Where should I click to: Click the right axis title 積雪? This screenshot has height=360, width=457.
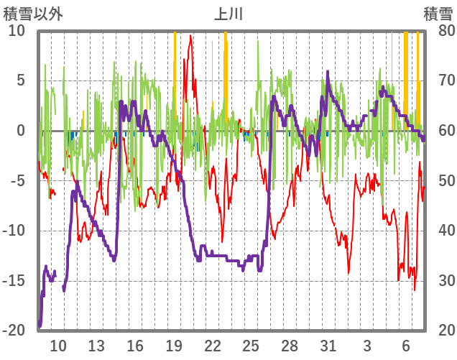point(438,14)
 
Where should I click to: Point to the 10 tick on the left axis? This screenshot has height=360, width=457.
point(16,31)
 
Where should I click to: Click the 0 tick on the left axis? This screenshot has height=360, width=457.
point(21,131)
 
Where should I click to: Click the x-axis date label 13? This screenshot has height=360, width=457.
point(96,346)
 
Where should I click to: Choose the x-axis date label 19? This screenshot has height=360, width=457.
point(174,346)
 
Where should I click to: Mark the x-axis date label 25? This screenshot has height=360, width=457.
point(251,346)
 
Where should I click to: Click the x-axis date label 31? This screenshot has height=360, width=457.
point(328,346)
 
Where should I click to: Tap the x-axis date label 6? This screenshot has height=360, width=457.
point(406,346)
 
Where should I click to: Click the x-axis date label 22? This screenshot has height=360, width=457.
point(212,346)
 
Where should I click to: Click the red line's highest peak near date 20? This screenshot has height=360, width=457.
point(190,36)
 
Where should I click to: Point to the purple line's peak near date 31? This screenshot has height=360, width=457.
point(328,71)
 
